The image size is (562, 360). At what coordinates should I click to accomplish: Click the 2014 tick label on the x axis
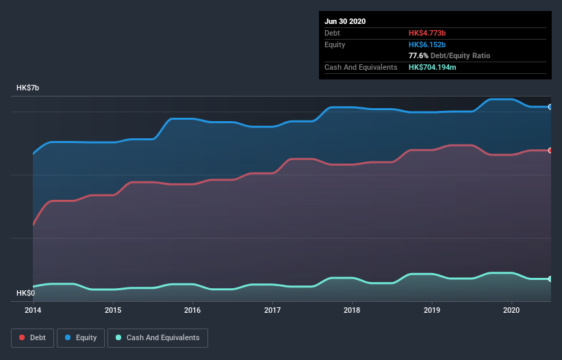pos(33,309)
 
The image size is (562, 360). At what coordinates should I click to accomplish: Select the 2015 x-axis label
pos(113,309)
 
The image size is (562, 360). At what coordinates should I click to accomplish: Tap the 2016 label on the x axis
pos(192,309)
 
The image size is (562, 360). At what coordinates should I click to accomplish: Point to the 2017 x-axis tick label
pos(272,309)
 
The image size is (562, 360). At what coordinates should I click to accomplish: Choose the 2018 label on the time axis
pos(352,309)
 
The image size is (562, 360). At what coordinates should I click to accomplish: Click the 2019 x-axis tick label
pos(432,309)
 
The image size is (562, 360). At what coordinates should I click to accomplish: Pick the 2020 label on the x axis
pos(511,309)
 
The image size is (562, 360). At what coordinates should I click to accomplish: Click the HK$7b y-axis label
pos(28,88)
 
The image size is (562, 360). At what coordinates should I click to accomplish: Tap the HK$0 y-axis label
pos(25,293)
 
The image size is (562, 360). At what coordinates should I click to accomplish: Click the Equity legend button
pos(81,337)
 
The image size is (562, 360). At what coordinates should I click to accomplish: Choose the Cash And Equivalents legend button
pos(157,337)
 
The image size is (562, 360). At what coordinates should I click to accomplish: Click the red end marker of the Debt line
pos(550,150)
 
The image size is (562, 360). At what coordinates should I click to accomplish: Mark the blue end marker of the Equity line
pos(550,107)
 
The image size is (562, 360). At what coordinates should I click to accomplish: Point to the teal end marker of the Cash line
pos(550,279)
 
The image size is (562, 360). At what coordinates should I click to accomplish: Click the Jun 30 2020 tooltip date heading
pos(345,21)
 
